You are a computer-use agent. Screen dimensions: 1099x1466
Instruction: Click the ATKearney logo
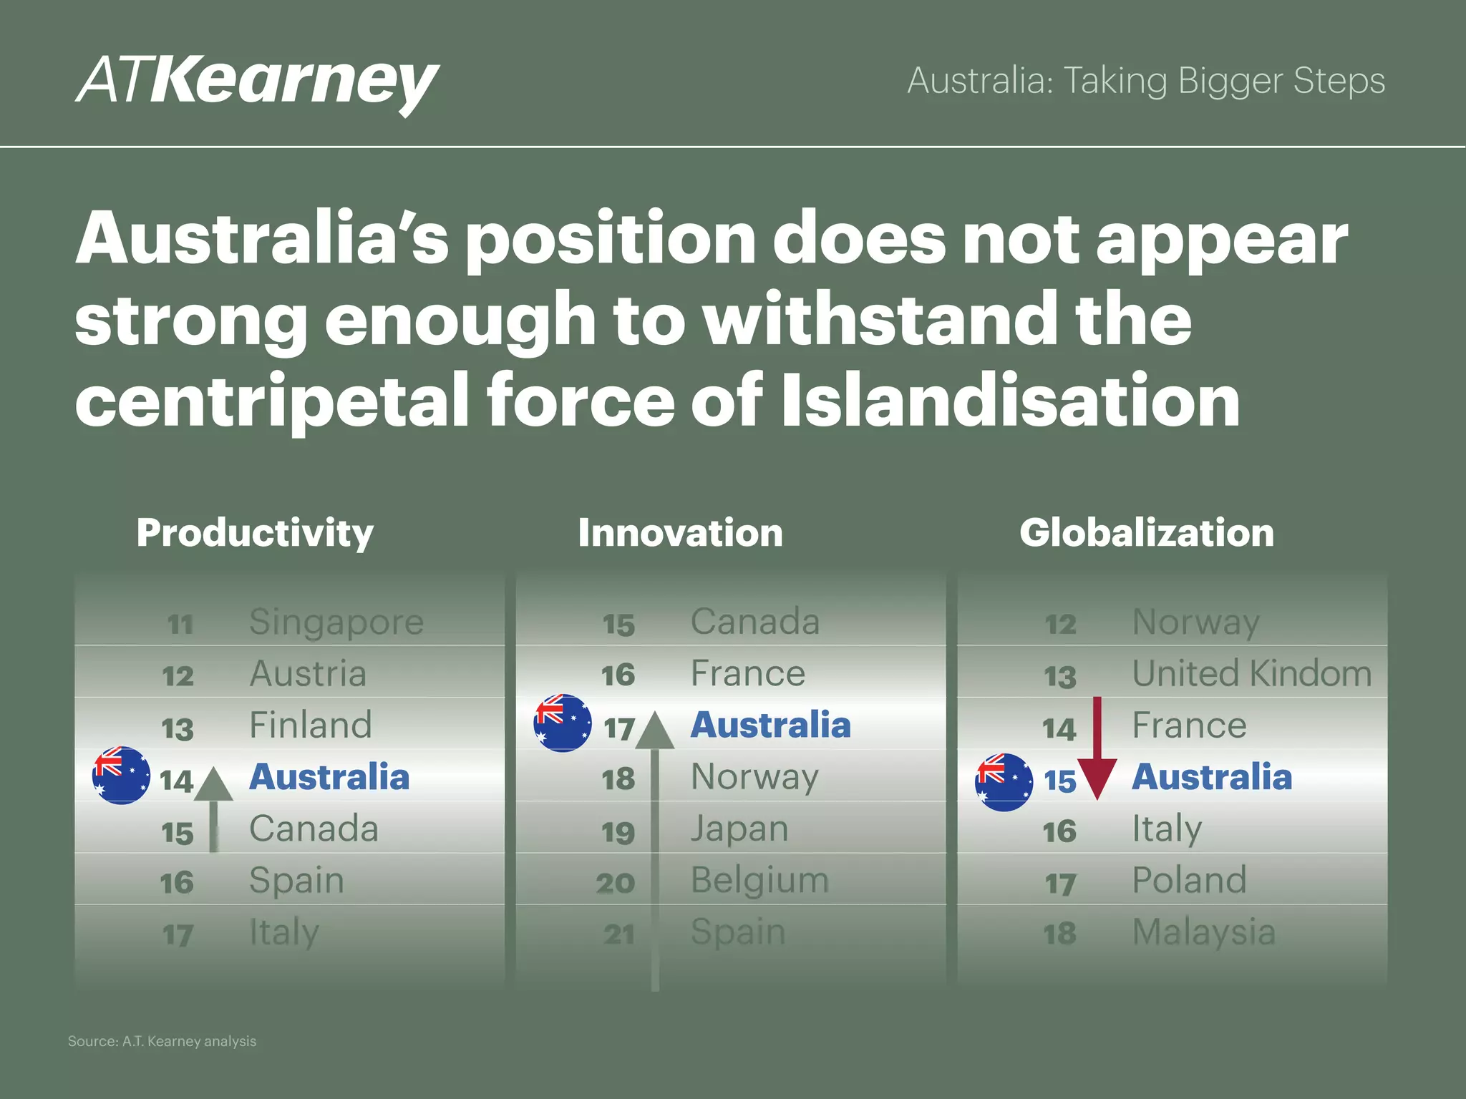point(258,82)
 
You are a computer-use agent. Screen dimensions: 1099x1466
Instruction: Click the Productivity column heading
point(255,533)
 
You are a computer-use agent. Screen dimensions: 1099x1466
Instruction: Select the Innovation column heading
point(680,533)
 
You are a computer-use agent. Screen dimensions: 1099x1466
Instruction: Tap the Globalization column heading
point(1147,533)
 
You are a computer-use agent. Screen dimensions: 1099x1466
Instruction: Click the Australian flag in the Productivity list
point(122,776)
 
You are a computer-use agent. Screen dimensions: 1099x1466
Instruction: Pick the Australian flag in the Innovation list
point(563,723)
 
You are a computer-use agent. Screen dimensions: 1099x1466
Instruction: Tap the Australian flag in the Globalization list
point(1004,782)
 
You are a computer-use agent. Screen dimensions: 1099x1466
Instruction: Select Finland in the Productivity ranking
point(311,725)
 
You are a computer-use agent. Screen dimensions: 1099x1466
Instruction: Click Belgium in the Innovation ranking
point(759,880)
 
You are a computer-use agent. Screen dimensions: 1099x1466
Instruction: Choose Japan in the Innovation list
point(739,829)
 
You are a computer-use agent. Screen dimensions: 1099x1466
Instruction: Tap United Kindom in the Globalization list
point(1252,673)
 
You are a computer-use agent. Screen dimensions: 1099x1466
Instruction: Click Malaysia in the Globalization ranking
point(1204,932)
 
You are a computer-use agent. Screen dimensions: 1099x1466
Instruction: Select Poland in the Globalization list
point(1189,880)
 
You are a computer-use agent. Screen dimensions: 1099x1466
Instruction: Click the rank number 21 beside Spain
point(618,934)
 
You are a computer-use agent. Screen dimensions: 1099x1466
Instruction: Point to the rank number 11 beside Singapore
point(180,625)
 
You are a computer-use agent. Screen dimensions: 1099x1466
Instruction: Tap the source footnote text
point(162,1041)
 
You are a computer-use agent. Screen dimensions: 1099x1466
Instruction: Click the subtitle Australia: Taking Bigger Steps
point(1146,81)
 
